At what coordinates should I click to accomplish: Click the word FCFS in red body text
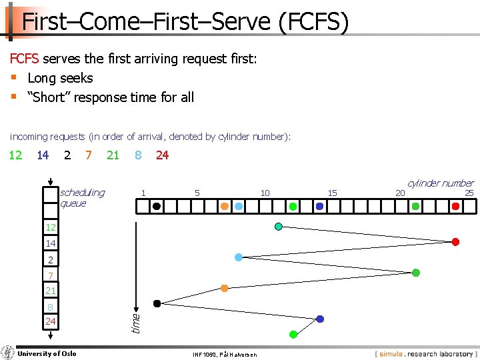coord(25,59)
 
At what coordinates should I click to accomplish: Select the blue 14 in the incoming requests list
coord(43,155)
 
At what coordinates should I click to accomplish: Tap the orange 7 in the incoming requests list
coord(89,155)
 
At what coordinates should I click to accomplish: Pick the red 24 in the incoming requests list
coord(162,155)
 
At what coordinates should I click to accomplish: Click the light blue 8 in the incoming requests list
coord(138,155)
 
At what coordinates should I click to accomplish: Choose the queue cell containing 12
coord(51,228)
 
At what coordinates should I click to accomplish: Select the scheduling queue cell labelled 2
coord(51,259)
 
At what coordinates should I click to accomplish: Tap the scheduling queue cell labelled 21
coord(51,291)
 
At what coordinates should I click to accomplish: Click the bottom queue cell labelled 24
coord(51,321)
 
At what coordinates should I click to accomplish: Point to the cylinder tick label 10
coord(265,193)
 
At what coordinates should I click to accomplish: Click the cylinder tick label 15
coord(332,193)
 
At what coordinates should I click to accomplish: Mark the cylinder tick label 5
coord(197,193)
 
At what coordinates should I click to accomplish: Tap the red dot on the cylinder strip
coord(455,207)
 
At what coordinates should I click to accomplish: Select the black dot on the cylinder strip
coord(156,207)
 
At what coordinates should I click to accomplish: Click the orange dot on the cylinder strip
coord(225,207)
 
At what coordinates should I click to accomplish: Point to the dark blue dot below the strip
coord(320,319)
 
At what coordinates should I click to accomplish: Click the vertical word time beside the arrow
coord(136,323)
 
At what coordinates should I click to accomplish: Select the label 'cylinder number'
coord(440,183)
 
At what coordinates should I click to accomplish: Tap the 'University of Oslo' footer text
coord(47,353)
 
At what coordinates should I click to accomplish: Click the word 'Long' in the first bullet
coord(41,78)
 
